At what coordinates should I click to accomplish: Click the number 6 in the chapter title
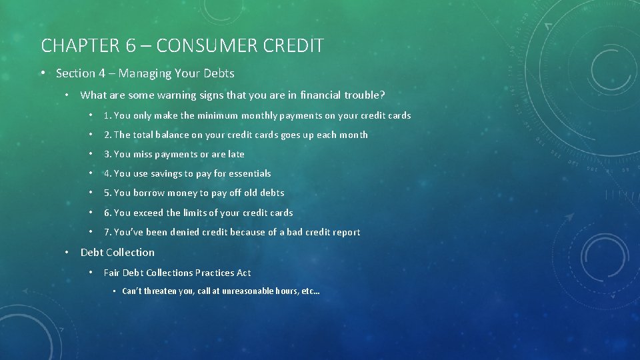[131, 45]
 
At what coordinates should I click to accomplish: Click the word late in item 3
[236, 154]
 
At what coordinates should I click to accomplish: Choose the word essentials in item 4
[249, 173]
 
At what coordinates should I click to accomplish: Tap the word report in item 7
[345, 232]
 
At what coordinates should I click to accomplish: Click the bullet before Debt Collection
[67, 252]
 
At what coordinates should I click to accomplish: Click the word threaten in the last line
[159, 291]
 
